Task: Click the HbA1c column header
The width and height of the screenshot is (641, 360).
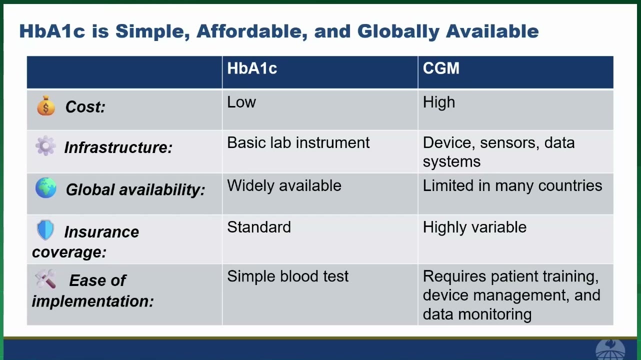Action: coord(252,68)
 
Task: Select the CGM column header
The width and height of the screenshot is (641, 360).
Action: coord(441,68)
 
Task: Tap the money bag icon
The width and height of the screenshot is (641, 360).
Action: coord(46,105)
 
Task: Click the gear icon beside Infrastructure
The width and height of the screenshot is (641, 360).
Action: coord(45,145)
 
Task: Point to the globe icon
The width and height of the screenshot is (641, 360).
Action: coord(46,187)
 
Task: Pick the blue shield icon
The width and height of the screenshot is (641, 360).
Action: coord(45,230)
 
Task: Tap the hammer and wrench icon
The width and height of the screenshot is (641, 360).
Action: coord(45,278)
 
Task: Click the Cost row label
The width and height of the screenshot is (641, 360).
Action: coord(85,107)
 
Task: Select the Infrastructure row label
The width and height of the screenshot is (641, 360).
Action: coord(118,147)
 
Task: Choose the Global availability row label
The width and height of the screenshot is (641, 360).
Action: coord(135,189)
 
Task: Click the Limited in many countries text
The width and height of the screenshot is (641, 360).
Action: coord(512,185)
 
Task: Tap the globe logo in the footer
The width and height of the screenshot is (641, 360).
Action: coord(610,349)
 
